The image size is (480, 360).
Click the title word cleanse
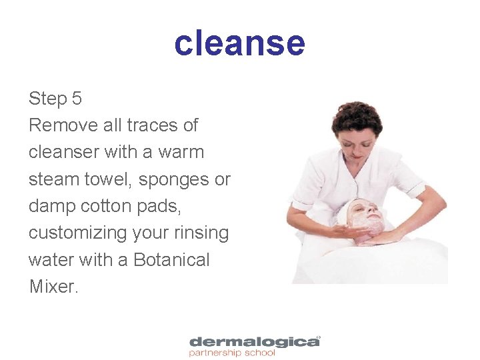coord(239,43)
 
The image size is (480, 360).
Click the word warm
coord(181,153)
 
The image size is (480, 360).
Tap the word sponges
coord(175,179)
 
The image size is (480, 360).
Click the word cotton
coord(108,206)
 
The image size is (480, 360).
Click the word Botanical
coord(171,260)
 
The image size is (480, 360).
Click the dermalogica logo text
coord(253,342)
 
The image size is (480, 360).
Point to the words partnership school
coord(231,353)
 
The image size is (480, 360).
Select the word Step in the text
coord(47,99)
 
